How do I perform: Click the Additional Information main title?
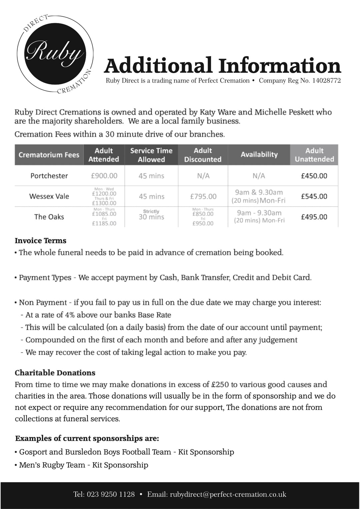(223, 65)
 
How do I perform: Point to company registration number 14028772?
(326, 81)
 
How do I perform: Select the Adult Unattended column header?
(314, 155)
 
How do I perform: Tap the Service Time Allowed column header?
(151, 155)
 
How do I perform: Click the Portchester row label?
(49, 176)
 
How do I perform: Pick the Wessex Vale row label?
(49, 196)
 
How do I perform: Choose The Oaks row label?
(49, 217)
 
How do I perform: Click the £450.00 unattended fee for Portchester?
(314, 176)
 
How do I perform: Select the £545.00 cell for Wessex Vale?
(314, 196)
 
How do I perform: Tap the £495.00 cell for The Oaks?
(314, 217)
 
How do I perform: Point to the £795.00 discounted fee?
(203, 196)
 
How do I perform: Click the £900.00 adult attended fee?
(104, 176)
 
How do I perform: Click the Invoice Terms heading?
(41, 241)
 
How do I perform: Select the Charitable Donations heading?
(55, 373)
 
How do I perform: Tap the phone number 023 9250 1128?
(111, 494)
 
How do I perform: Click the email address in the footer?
(228, 494)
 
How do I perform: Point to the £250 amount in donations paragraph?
(220, 385)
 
